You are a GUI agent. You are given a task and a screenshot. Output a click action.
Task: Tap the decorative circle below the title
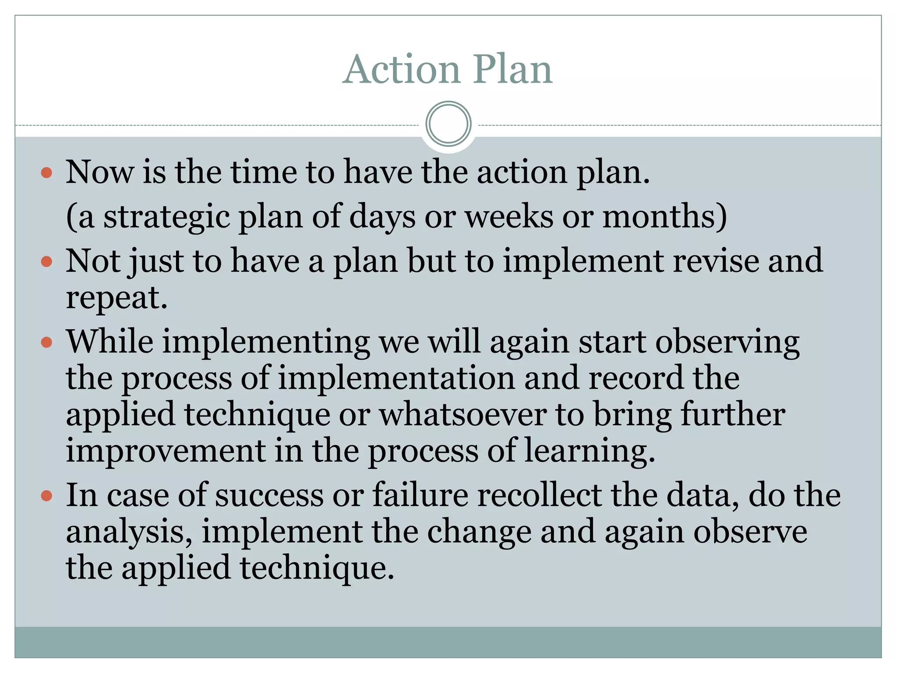(448, 124)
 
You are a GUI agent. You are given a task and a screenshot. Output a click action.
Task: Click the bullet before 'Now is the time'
(46, 173)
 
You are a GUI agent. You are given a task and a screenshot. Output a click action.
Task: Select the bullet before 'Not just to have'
(46, 262)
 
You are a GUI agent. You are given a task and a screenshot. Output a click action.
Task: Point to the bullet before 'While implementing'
(46, 342)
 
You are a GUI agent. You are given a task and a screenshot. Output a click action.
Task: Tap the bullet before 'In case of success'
(46, 496)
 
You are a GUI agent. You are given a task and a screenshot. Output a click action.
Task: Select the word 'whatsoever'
(462, 414)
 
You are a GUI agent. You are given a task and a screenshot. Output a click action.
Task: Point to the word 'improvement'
(166, 451)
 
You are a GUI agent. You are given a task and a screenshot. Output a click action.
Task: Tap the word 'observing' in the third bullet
(727, 342)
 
